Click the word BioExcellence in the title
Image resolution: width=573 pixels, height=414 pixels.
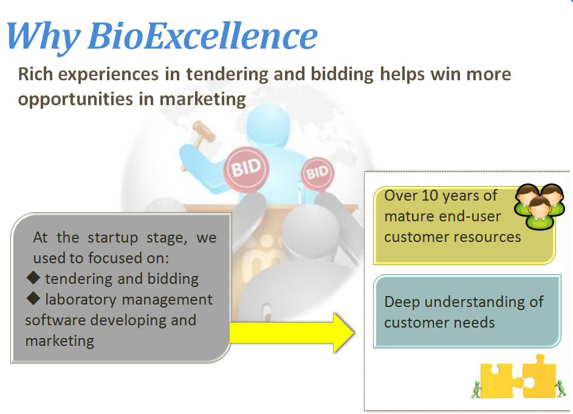tap(203, 35)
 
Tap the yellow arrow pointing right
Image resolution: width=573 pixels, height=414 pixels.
tap(292, 333)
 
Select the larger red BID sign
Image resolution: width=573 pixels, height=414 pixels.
tap(246, 168)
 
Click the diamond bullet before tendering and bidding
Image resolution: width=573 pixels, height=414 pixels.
tap(33, 278)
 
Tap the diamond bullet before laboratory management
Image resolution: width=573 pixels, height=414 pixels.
tap(33, 298)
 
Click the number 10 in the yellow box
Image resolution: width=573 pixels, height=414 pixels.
tap(430, 196)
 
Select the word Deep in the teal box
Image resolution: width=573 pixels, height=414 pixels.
tap(402, 303)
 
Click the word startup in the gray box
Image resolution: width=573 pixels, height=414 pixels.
tap(112, 238)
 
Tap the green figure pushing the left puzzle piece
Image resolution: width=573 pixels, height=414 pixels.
tap(476, 390)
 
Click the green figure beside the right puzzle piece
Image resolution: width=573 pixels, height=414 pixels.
tap(560, 388)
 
